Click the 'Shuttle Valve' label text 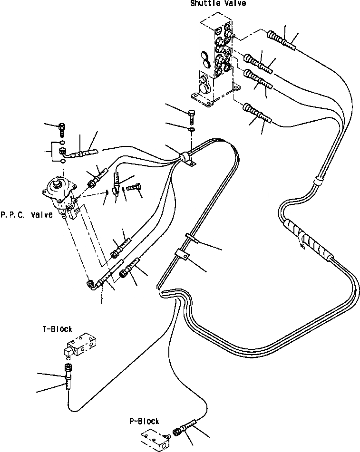click(x=218, y=4)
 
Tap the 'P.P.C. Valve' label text click(x=26, y=215)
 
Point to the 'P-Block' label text click(x=144, y=421)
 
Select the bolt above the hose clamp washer click(x=191, y=115)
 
